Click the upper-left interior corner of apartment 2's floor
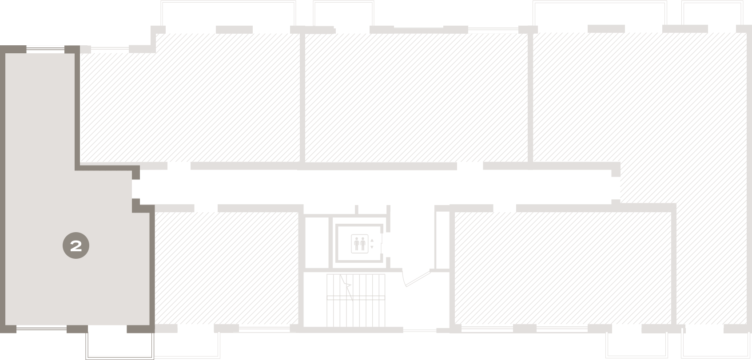tap(5, 54)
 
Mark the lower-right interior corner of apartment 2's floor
tap(149, 325)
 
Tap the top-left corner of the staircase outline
tap(326, 274)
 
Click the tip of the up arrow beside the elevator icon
tap(372, 239)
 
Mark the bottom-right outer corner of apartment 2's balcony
tap(154, 359)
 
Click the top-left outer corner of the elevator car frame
tap(335, 224)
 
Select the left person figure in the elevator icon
tap(357, 244)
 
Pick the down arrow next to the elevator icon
tap(372, 247)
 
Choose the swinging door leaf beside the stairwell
tap(418, 279)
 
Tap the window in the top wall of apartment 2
tap(45, 50)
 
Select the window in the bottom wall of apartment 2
tap(42, 328)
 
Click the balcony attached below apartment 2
tap(120, 346)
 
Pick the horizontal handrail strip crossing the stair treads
tap(356, 297)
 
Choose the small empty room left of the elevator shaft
tap(317, 242)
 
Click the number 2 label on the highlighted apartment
tap(76, 246)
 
